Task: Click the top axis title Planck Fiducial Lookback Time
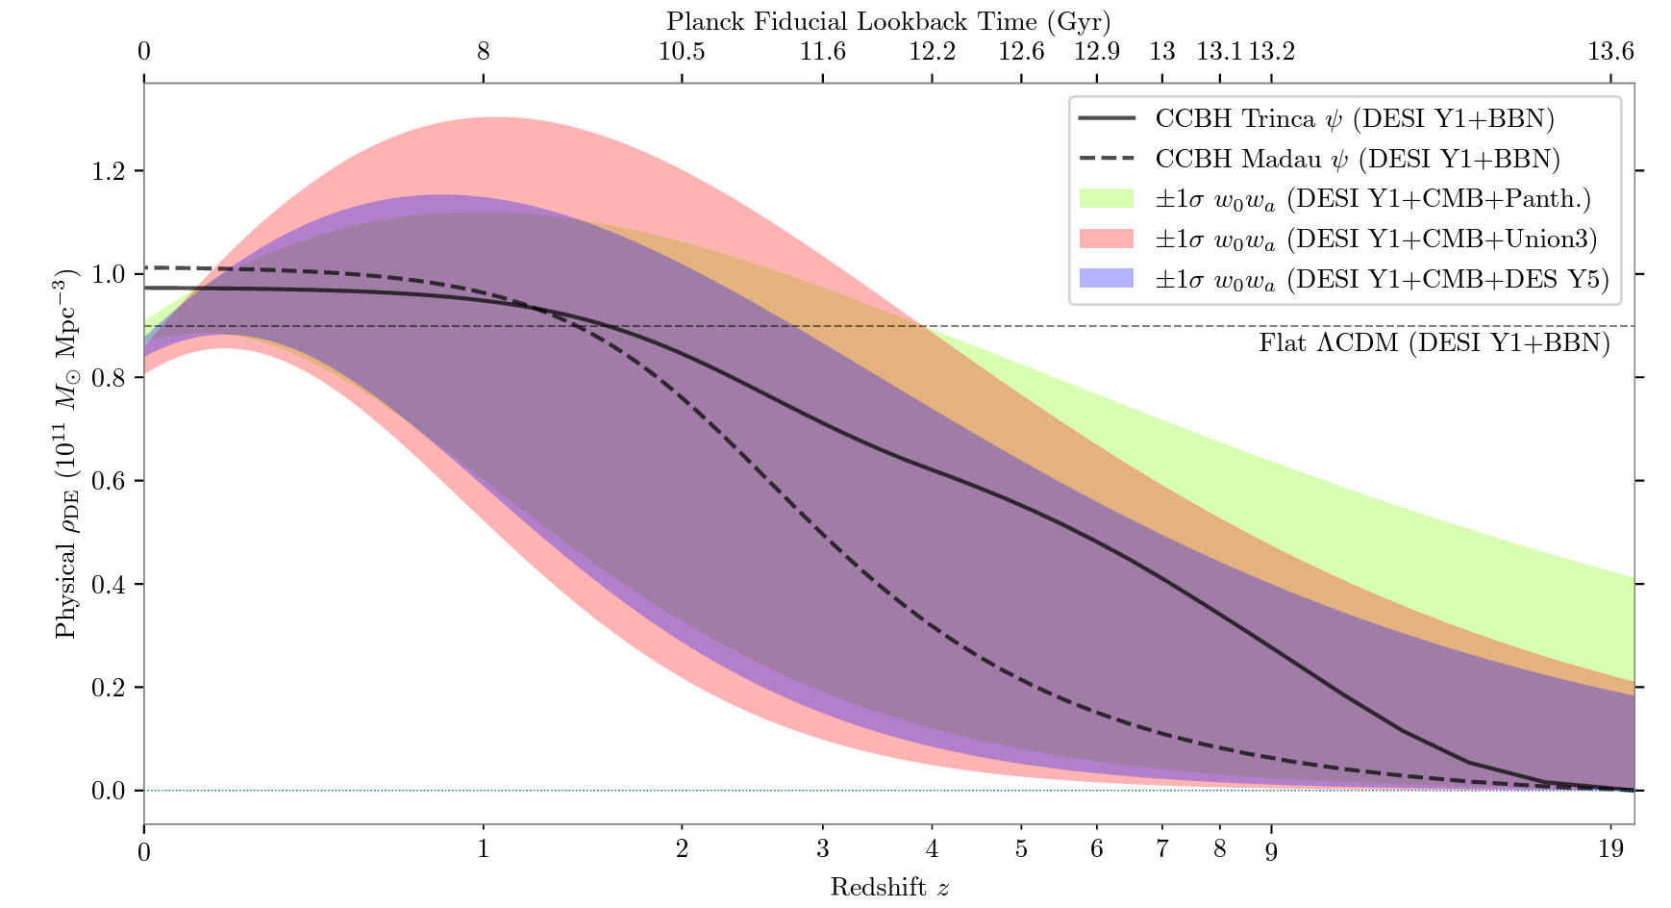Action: pyautogui.click(x=888, y=21)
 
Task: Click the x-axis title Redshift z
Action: pyautogui.click(x=889, y=887)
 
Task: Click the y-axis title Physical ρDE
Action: pyautogui.click(x=65, y=453)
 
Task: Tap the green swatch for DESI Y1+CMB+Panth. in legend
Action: pyautogui.click(x=1107, y=198)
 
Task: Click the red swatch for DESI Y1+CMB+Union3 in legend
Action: pyautogui.click(x=1107, y=239)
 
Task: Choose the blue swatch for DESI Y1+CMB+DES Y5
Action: pyautogui.click(x=1107, y=279)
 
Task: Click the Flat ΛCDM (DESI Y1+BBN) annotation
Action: pyautogui.click(x=1434, y=343)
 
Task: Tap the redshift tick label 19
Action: pyautogui.click(x=1610, y=849)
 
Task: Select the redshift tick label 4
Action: pyautogui.click(x=932, y=849)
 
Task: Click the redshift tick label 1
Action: pyautogui.click(x=483, y=849)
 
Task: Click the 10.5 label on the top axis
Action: pyautogui.click(x=682, y=51)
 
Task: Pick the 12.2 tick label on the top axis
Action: pyautogui.click(x=932, y=51)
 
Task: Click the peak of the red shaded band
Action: pyautogui.click(x=492, y=118)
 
